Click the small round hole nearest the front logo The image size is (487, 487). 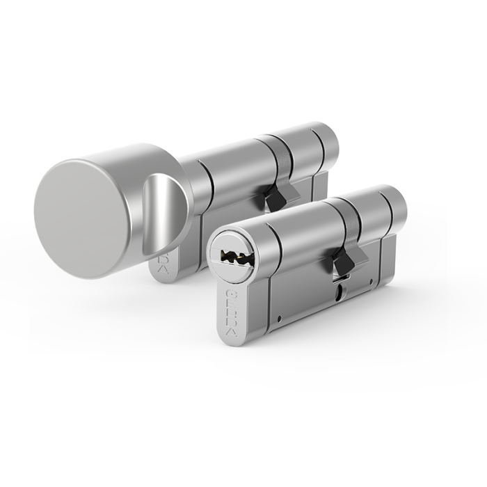pos(277,321)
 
